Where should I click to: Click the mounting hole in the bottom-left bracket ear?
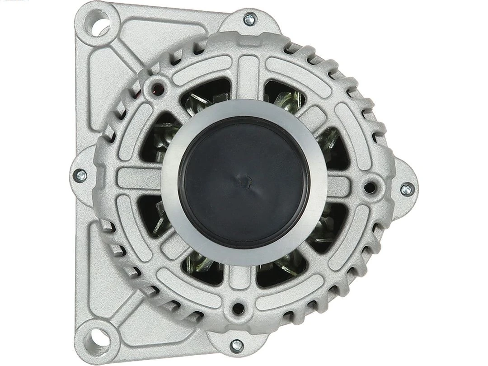[x=98, y=337]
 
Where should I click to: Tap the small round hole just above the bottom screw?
[x=238, y=309]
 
